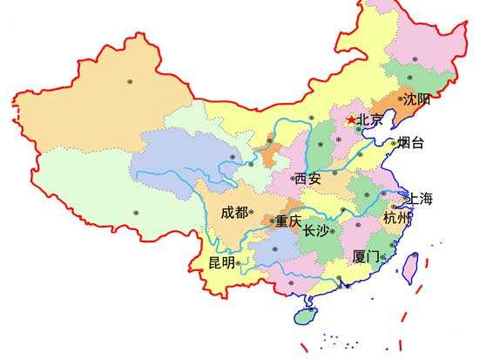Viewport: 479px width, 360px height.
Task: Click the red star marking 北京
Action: (x=351, y=120)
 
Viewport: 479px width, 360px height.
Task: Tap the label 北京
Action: (x=370, y=121)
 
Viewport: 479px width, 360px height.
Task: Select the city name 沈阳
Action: (x=417, y=100)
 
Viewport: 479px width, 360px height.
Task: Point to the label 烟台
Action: (x=411, y=143)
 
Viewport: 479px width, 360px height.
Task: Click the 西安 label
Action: (x=307, y=178)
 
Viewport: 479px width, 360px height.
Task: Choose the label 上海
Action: (x=420, y=198)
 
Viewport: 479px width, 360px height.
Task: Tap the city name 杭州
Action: (x=396, y=218)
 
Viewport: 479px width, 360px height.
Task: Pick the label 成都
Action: (x=233, y=212)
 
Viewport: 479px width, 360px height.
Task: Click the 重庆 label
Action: (x=288, y=222)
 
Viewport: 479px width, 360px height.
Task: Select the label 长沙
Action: (x=316, y=231)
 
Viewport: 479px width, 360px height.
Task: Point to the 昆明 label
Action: (x=221, y=262)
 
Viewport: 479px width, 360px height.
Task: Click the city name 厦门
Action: (x=366, y=257)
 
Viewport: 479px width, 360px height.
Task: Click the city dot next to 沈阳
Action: (x=401, y=99)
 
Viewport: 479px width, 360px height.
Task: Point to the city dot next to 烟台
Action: (x=394, y=142)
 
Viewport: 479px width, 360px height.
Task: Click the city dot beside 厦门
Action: (x=383, y=257)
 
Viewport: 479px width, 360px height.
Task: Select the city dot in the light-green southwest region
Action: (x=136, y=212)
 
